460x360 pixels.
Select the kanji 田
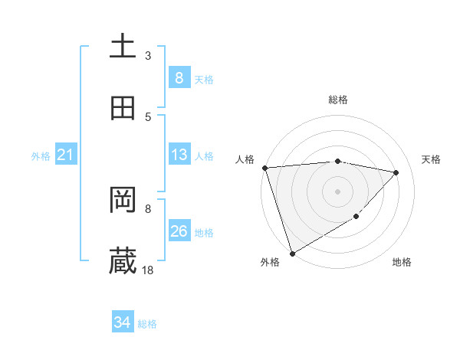click(123, 108)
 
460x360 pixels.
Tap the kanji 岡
click(123, 200)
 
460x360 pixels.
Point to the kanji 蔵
click(123, 261)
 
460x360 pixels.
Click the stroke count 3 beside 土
click(148, 55)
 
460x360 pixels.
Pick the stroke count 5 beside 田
click(148, 116)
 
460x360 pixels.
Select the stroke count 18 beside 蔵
click(148, 270)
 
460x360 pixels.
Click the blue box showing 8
click(179, 77)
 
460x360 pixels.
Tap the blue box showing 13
click(179, 155)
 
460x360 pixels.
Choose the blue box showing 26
click(179, 231)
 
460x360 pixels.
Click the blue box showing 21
click(65, 155)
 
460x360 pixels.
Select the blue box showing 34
click(122, 322)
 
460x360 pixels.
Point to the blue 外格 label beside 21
click(41, 156)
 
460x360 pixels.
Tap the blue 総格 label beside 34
click(147, 324)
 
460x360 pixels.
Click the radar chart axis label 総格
click(338, 100)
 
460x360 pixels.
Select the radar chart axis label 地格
click(402, 263)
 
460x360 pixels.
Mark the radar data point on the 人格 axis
click(264, 168)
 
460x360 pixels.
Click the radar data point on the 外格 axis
click(292, 253)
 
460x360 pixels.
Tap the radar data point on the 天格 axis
click(396, 172)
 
